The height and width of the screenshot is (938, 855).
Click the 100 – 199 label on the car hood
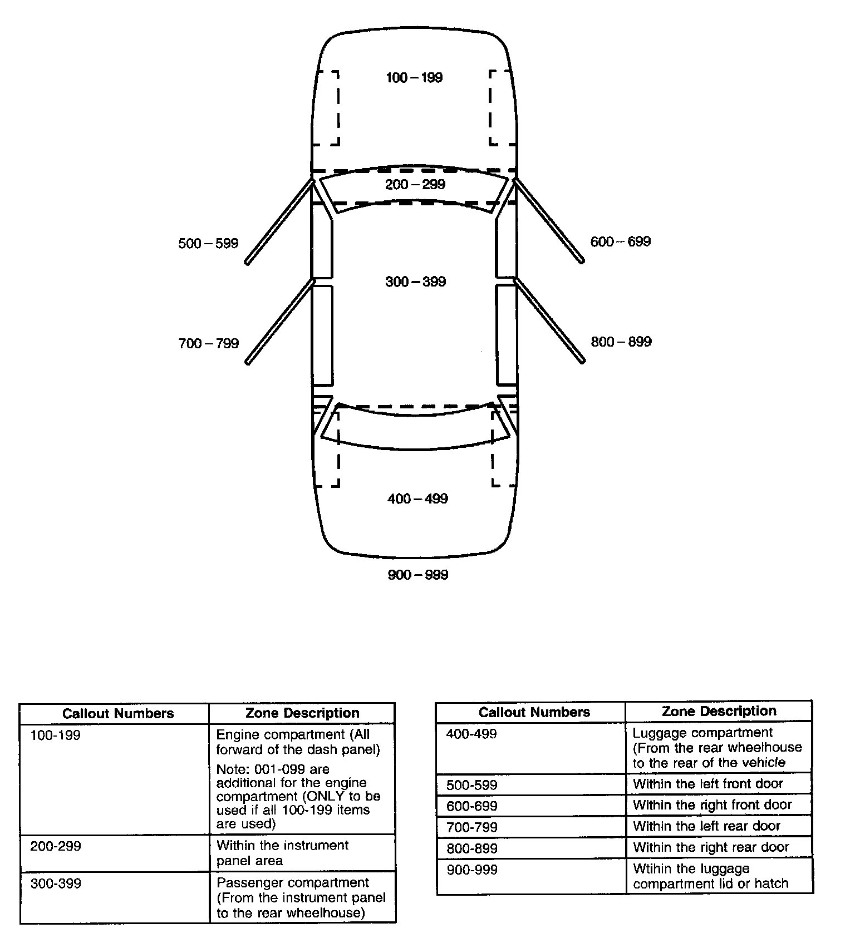(414, 77)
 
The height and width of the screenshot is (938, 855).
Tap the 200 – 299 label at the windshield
(415, 184)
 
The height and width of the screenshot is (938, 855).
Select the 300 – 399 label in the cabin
(416, 282)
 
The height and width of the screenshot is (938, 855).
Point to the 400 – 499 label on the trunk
(417, 498)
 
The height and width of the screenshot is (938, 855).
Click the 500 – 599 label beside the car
(208, 243)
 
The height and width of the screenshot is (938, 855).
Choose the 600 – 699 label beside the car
(621, 241)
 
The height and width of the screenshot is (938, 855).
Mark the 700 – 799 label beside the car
(209, 343)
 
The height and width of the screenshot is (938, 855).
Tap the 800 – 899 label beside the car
(621, 342)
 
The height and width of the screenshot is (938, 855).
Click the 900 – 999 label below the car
(418, 575)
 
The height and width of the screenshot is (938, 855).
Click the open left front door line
(279, 221)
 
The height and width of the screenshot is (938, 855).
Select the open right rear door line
(549, 320)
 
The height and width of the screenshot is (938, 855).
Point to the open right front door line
(549, 220)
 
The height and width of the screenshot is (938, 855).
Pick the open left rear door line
(279, 321)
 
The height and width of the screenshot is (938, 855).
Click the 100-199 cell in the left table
(56, 735)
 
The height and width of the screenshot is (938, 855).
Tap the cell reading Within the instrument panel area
(282, 853)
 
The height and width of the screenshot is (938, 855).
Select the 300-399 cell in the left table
(56, 883)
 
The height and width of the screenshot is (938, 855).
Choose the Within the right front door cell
(712, 804)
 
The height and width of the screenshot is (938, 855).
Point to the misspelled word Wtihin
(651, 869)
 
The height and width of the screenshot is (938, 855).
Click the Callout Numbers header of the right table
(534, 712)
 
